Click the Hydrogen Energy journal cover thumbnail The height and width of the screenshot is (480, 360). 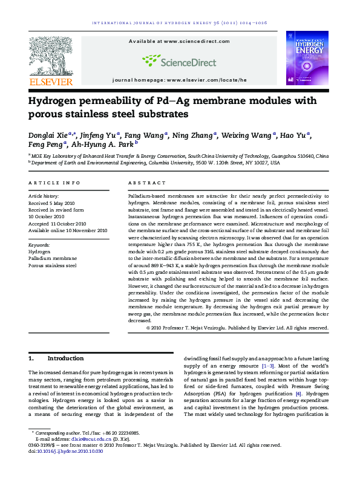(307, 57)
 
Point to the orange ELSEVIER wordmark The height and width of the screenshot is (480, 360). (51, 82)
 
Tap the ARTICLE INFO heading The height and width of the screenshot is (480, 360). (54, 183)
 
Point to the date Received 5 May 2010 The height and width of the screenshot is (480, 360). (51, 203)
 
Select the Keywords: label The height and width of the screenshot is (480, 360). (40, 245)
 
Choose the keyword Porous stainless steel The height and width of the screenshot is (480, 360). (53, 265)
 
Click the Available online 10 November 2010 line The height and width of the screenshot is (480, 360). (68, 230)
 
